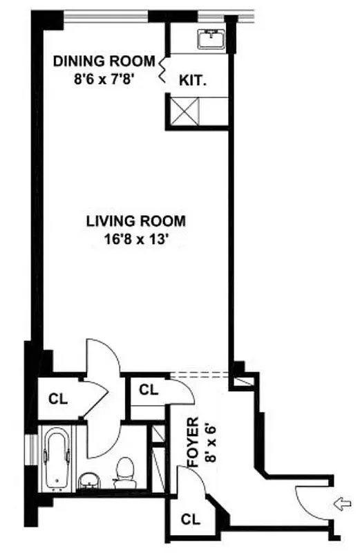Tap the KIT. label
click(x=193, y=79)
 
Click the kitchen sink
click(x=209, y=39)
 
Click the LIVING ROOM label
click(x=135, y=222)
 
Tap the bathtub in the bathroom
click(x=56, y=457)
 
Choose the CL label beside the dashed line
click(x=149, y=389)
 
